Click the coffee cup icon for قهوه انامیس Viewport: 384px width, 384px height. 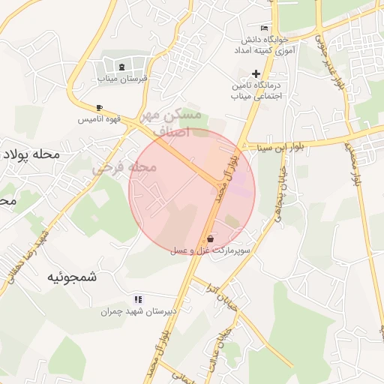99,108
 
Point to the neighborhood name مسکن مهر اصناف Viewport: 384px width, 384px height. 177,122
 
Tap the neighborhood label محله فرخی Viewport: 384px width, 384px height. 124,167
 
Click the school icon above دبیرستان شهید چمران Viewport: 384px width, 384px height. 136,299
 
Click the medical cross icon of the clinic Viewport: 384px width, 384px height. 256,73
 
